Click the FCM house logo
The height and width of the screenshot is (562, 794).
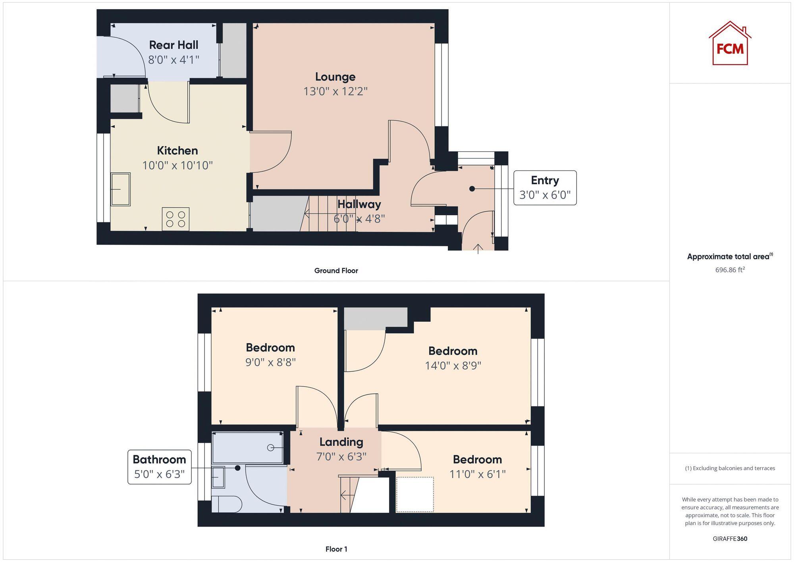730,43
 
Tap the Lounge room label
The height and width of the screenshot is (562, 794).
335,77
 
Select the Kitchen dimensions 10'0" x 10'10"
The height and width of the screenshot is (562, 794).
177,165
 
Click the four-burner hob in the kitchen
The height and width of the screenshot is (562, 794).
175,219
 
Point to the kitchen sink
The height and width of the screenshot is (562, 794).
120,189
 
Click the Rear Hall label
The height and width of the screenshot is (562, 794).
173,45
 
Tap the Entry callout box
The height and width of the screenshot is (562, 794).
545,188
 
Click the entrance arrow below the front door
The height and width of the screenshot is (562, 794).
478,249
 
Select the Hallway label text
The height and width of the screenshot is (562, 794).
359,204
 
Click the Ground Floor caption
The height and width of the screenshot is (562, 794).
336,270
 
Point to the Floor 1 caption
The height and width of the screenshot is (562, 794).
336,549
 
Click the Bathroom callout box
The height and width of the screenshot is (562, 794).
159,467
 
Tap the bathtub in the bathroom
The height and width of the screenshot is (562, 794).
248,448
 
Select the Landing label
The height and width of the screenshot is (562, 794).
341,442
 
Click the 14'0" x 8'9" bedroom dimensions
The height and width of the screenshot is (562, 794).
453,365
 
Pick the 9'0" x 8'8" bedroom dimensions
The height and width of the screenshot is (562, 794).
270,362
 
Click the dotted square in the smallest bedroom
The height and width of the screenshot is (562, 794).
415,494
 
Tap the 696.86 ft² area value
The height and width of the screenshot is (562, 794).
730,270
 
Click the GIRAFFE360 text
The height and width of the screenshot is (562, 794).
730,539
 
